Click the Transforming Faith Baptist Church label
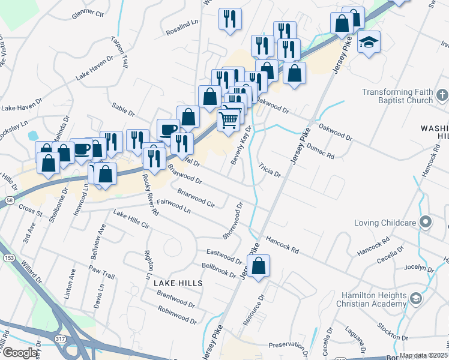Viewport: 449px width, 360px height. pos(397,96)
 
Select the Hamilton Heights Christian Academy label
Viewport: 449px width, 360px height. pos(373,299)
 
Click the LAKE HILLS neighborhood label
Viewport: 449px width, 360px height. pos(177,282)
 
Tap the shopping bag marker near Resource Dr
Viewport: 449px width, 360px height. pos(258,266)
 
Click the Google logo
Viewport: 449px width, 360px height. pos(20,353)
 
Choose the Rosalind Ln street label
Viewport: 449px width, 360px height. pos(184,23)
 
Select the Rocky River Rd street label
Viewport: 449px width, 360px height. pos(150,194)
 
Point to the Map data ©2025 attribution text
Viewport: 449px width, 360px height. pos(423,355)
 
